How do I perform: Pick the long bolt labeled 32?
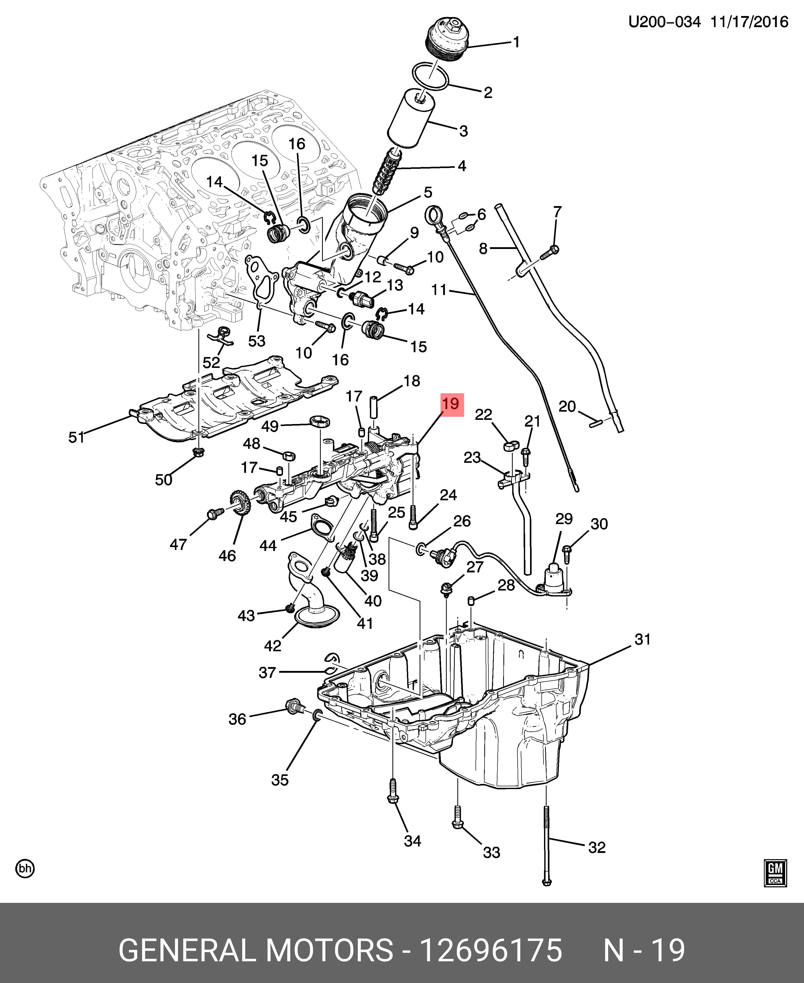click(547, 845)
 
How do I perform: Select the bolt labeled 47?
click(215, 513)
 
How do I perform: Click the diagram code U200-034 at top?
click(664, 22)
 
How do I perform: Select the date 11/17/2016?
click(749, 22)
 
